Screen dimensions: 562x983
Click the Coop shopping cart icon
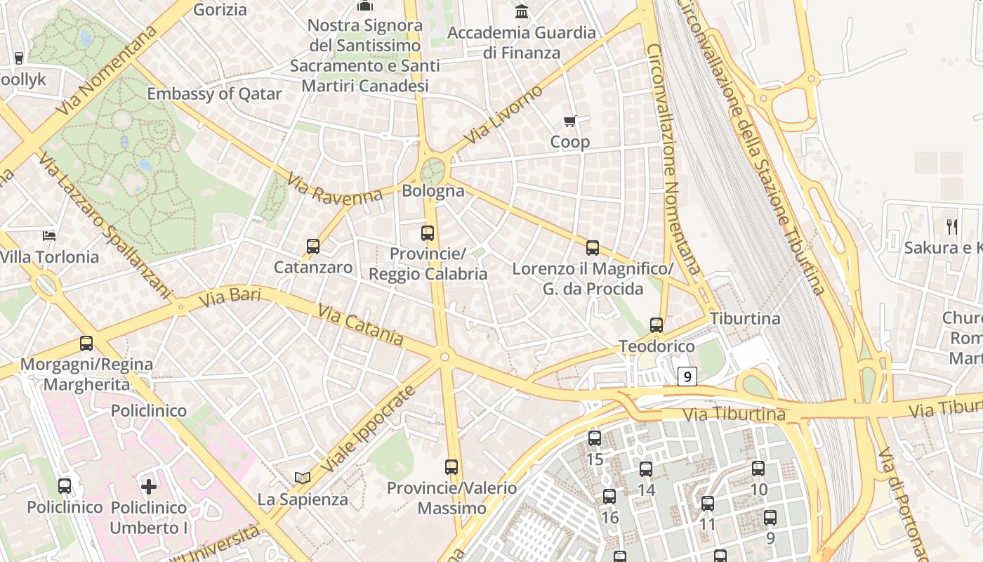[570, 122]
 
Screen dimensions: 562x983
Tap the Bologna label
[433, 191]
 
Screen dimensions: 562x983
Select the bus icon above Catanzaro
[313, 247]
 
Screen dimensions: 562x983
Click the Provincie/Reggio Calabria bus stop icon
[428, 233]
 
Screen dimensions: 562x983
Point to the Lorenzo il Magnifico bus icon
[593, 248]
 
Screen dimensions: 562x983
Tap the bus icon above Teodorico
[657, 325]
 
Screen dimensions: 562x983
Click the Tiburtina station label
[745, 318]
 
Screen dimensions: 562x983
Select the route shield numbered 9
[687, 377]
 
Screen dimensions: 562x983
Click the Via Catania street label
[361, 325]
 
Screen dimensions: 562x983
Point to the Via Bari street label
[230, 297]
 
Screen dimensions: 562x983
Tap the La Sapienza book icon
[303, 478]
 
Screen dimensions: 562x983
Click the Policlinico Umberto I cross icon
[149, 486]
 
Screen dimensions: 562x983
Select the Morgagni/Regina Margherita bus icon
[86, 344]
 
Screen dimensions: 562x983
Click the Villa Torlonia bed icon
[49, 235]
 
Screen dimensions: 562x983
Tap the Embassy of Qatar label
[214, 94]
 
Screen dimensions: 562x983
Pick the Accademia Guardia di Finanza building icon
[522, 11]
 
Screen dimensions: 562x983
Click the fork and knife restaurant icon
[952, 226]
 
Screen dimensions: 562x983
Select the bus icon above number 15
[595, 438]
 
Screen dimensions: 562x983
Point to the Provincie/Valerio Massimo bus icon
[451, 466]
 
